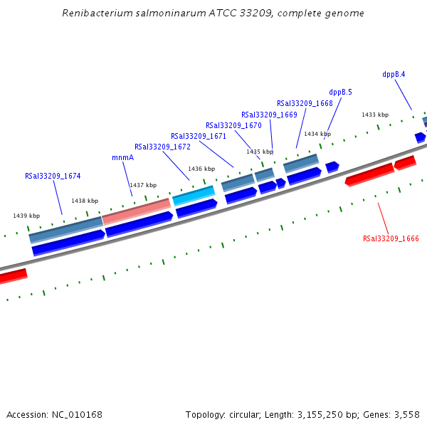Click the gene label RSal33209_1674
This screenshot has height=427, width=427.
point(53,176)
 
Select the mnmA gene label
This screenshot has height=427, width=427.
point(122,158)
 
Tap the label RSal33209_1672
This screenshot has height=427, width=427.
point(162,147)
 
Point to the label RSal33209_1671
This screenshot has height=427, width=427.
point(199,137)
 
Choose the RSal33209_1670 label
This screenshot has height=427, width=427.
point(233,126)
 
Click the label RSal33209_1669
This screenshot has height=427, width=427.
point(269,115)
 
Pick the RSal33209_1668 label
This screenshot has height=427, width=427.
point(305,103)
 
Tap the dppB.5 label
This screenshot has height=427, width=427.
point(340,92)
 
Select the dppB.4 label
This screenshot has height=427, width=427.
point(394,74)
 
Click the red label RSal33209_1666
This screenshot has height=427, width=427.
point(391,239)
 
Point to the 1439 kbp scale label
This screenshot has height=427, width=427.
point(26,216)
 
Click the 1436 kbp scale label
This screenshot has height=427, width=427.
point(201,169)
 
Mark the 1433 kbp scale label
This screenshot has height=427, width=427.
point(375,115)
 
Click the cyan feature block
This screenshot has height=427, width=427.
point(194,194)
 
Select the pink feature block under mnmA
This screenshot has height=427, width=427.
point(137,211)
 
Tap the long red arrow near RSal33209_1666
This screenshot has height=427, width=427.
point(369,174)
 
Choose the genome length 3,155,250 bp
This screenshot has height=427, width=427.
point(334,414)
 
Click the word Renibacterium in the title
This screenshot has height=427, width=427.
point(93,14)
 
